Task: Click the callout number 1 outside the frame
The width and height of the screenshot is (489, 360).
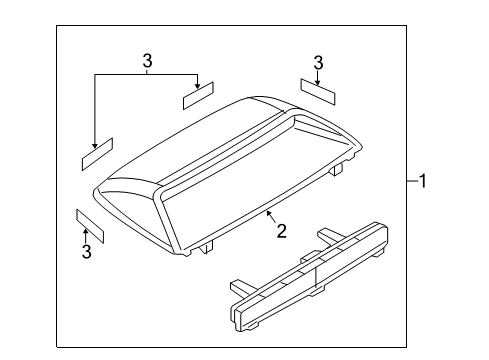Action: point(422,181)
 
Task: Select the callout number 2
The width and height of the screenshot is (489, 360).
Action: point(282,231)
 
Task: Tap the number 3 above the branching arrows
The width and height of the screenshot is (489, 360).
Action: point(147,61)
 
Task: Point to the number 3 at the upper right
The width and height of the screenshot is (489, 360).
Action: point(318,63)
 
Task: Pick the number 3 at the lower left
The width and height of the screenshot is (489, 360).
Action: point(87,251)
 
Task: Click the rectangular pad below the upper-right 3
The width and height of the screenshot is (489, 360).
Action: point(318,92)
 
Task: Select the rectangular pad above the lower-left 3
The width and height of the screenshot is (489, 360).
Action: point(90,226)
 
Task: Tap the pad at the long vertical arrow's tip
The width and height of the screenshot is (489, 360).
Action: point(97,154)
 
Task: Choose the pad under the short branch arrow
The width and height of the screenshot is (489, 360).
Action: point(198,96)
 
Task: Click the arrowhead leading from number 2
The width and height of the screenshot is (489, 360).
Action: point(269,214)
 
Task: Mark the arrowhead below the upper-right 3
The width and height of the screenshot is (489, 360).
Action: point(318,83)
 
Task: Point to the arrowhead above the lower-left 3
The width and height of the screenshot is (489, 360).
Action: point(86,232)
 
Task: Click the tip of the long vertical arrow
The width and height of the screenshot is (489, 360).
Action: point(95,148)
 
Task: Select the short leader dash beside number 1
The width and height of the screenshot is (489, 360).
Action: point(413,181)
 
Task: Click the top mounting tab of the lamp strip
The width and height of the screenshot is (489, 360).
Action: point(327,236)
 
